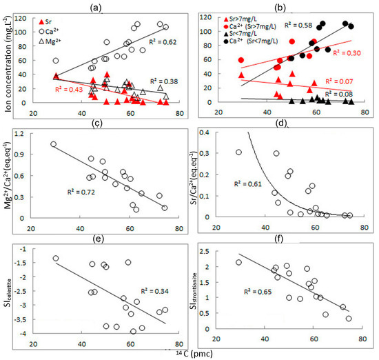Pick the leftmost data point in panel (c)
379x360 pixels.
tap(53, 144)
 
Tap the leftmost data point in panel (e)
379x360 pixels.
tap(56, 259)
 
